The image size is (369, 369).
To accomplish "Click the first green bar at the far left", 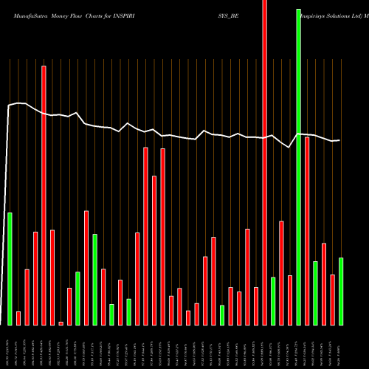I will [x=10, y=269].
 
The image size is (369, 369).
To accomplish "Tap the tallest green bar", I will [x=298, y=162].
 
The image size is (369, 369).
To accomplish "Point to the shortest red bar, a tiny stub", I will [x=61, y=323].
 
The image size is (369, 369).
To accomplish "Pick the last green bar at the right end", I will [x=340, y=291].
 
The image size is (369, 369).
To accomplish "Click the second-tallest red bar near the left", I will [x=44, y=195].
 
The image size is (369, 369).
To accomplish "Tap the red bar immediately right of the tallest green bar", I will [x=307, y=231].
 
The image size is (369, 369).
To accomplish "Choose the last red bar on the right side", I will [x=332, y=300].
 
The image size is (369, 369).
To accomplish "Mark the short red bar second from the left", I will [x=18, y=318].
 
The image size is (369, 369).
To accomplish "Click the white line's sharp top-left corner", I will [x=9, y=106].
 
